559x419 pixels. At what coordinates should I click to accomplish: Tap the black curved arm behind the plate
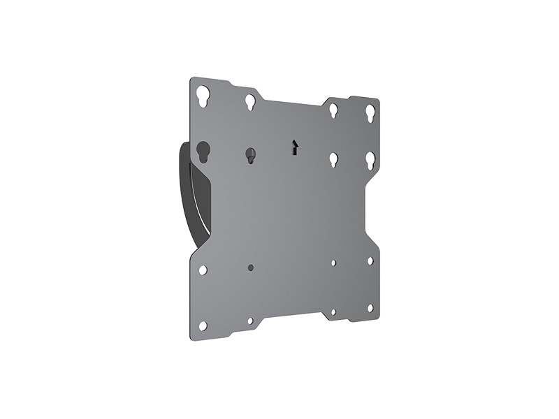[x=183, y=189]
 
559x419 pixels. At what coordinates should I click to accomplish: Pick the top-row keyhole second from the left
[x=250, y=102]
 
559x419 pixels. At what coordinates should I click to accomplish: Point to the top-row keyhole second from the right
[x=334, y=110]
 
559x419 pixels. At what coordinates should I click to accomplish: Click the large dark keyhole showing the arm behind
[x=203, y=152]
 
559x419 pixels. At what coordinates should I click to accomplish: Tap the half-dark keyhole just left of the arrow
[x=250, y=155]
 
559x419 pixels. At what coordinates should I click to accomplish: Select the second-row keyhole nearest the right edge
[x=370, y=160]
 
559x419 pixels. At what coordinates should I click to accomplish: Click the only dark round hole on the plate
[x=250, y=267]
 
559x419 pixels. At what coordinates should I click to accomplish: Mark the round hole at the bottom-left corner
[x=203, y=325]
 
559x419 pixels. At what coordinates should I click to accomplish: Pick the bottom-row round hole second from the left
[x=250, y=321]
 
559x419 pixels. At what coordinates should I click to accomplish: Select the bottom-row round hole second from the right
[x=334, y=311]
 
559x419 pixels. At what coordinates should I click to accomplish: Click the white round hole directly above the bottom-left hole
[x=203, y=270]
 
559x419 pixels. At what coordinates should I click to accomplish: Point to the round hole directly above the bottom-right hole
[x=370, y=260]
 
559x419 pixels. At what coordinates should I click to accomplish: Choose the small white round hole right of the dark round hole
[x=334, y=263]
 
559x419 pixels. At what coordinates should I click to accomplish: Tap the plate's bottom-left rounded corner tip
[x=194, y=338]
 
